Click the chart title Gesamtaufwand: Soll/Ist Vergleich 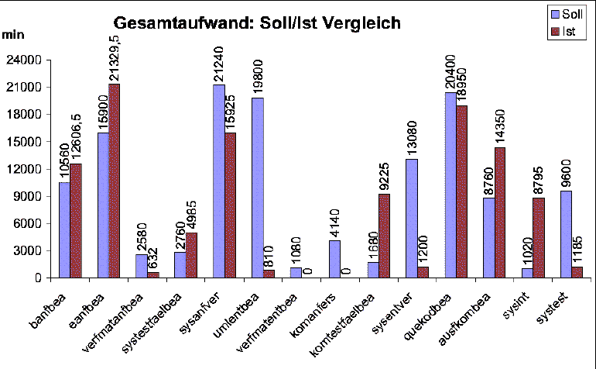tap(257, 23)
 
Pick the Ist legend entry tap(567, 30)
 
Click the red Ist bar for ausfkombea tap(501, 212)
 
